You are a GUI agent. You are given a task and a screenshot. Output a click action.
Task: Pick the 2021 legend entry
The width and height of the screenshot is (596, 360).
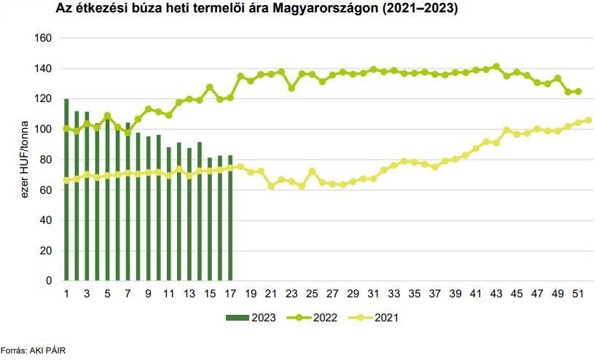click(x=382, y=317)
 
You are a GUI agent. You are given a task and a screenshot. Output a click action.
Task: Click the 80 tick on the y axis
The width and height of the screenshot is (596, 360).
click(x=45, y=160)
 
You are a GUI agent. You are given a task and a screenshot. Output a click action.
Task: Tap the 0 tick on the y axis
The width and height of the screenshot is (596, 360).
click(x=48, y=281)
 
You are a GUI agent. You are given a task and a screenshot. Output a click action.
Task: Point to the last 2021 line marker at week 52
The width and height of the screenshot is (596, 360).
click(x=589, y=120)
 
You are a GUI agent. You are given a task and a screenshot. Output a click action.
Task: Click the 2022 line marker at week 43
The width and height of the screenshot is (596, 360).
click(x=496, y=66)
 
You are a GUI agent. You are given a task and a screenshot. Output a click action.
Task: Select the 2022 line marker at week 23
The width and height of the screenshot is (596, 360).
click(x=291, y=88)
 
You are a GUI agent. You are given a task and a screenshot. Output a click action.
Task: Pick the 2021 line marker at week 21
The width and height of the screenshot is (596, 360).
click(x=271, y=186)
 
